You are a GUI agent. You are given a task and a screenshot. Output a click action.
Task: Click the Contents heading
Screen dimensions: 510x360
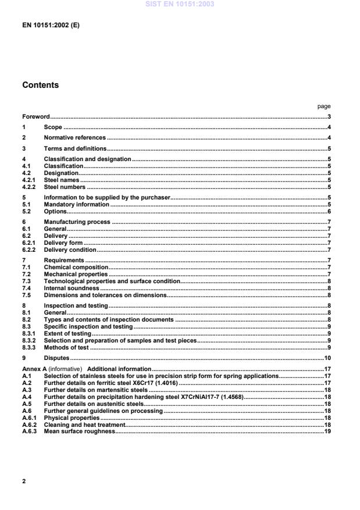click(40, 85)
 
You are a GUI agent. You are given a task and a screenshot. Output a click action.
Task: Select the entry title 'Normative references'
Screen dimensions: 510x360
click(75, 138)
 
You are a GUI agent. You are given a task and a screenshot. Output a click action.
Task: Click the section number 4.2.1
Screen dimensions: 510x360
click(30, 180)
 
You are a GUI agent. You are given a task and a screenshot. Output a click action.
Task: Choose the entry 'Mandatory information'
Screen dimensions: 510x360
click(77, 205)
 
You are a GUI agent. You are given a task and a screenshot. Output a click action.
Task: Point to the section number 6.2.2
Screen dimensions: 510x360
click(30, 249)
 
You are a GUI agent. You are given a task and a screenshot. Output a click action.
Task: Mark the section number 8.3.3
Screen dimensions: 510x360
click(30, 348)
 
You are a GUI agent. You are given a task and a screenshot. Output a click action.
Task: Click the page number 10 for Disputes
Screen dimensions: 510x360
click(327, 358)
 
